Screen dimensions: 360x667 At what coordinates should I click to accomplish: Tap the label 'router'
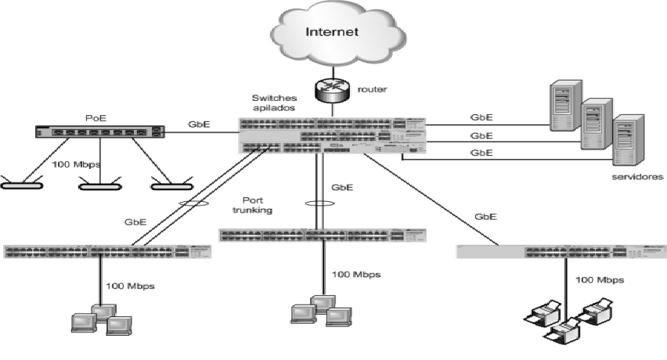tap(371, 91)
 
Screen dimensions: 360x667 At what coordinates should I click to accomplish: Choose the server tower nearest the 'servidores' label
tap(628, 139)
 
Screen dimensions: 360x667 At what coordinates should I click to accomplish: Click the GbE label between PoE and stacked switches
tap(198, 124)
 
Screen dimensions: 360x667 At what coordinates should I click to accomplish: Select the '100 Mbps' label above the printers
tap(600, 279)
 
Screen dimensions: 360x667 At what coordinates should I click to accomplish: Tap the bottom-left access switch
tap(97, 251)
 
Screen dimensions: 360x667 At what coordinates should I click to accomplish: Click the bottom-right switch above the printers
tap(560, 251)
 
